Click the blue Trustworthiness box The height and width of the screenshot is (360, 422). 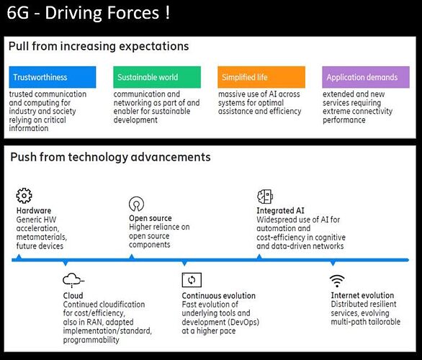(53, 77)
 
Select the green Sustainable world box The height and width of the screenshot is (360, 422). (157, 77)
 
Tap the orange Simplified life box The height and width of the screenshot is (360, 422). (261, 77)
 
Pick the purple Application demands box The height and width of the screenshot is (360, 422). (366, 77)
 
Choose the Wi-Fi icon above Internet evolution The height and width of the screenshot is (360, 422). (337, 281)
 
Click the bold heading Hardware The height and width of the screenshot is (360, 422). (34, 211)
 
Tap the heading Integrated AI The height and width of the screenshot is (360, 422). (280, 211)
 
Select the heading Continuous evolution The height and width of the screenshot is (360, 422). (218, 296)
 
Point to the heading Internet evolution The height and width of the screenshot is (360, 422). (362, 295)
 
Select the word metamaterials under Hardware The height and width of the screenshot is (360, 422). (42, 237)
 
